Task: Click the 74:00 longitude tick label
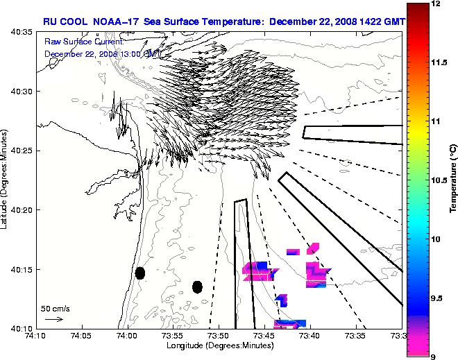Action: coord(126,336)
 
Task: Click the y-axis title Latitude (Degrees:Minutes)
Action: coord(6,180)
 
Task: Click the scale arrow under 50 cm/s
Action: coord(54,319)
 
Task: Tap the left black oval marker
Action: coord(140,273)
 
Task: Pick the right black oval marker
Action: coord(197,286)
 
